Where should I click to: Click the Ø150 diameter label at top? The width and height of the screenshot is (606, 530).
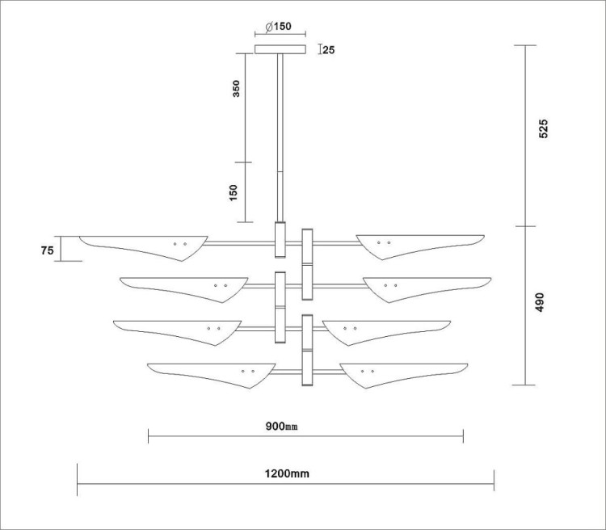[278, 27]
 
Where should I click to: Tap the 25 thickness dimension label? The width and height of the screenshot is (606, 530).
[329, 50]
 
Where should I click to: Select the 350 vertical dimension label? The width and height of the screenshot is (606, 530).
[236, 89]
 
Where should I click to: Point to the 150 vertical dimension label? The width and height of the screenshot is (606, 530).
[234, 192]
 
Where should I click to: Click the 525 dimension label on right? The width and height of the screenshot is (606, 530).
[543, 128]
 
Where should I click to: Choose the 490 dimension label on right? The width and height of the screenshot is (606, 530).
[540, 302]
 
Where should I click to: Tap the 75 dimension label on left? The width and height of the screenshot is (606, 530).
[47, 250]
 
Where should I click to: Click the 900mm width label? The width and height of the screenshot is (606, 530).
[281, 427]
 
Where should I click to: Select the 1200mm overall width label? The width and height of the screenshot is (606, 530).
[287, 473]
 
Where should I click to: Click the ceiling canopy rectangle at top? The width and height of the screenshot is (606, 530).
[280, 49]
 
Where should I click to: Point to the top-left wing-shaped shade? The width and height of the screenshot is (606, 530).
[144, 248]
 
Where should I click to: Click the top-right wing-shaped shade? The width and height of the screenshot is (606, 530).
[420, 246]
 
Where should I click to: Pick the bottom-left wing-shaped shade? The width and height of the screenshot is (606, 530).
[212, 376]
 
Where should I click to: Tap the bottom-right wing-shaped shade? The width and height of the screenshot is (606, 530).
[403, 376]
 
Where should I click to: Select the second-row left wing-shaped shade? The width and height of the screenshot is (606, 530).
[184, 289]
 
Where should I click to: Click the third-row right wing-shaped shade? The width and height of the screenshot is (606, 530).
[386, 333]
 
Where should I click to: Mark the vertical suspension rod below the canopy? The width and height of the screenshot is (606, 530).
[280, 137]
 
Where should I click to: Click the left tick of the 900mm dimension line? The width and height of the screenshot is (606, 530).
[149, 436]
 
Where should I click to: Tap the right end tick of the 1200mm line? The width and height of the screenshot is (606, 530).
[494, 480]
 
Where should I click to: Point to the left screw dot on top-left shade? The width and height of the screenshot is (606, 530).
[175, 244]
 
